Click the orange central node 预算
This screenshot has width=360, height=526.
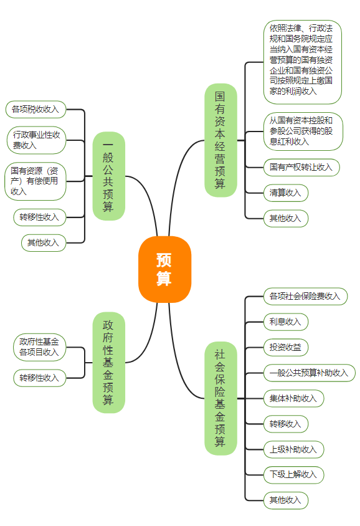(x=164, y=269)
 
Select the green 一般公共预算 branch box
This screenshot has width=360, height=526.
(x=108, y=176)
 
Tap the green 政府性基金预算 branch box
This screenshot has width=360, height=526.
(x=108, y=362)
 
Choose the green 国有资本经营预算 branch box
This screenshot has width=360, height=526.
(x=220, y=140)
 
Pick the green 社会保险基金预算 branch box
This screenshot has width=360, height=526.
(x=220, y=398)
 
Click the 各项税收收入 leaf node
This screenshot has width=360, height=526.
(x=36, y=109)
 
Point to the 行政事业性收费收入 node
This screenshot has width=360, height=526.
(x=37, y=140)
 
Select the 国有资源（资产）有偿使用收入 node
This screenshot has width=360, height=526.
(x=36, y=181)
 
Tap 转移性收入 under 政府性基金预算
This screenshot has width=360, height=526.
(x=39, y=378)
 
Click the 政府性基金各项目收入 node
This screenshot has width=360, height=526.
(x=39, y=347)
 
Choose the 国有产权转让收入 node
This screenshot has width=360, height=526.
(x=301, y=167)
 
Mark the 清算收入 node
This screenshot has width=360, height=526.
(x=285, y=193)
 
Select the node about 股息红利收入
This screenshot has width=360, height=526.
(x=303, y=131)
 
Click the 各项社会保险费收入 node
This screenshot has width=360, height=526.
(x=305, y=296)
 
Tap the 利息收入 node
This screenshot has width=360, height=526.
(x=285, y=322)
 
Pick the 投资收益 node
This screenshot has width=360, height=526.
(x=285, y=347)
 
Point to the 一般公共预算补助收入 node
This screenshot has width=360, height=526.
(x=309, y=373)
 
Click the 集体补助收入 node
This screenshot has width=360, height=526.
(x=293, y=398)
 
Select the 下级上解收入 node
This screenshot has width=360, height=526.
(x=293, y=474)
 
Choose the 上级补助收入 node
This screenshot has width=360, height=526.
(x=293, y=449)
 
